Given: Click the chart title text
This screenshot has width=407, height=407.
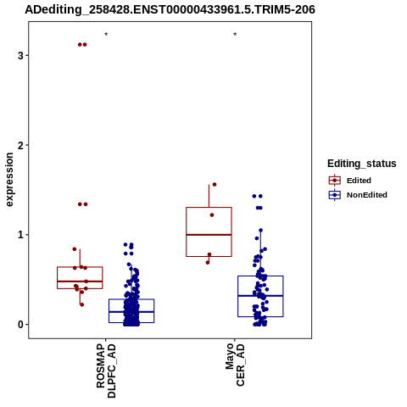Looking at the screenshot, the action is [170, 9].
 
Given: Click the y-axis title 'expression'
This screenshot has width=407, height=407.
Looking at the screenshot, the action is [9, 180].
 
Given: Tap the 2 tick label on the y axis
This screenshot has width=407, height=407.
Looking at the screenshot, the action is [20, 145].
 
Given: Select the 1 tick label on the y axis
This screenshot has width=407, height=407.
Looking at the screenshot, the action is [20, 235].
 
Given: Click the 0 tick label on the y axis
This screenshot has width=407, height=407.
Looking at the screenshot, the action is [20, 325].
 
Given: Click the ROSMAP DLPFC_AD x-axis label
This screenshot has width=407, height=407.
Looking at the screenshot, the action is [106, 371].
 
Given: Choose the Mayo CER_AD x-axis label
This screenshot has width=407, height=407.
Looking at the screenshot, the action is [235, 365].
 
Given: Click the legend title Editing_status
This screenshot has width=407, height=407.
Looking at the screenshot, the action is [362, 164].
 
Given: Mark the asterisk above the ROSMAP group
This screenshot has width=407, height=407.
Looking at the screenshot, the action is [106, 34].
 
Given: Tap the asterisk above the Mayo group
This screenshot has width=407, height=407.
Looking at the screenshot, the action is [235, 34].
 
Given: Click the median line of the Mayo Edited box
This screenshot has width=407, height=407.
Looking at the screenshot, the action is [209, 235].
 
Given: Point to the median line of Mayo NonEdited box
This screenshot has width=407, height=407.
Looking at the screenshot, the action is [260, 296].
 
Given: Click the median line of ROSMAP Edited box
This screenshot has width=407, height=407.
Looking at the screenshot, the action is [80, 282].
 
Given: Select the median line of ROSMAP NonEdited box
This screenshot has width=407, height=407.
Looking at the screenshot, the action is [131, 312].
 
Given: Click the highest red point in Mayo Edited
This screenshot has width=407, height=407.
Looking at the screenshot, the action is [215, 185].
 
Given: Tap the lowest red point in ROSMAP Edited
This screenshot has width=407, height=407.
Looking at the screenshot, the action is [82, 304].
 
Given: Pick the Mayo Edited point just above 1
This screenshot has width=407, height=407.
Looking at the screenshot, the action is [212, 215].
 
